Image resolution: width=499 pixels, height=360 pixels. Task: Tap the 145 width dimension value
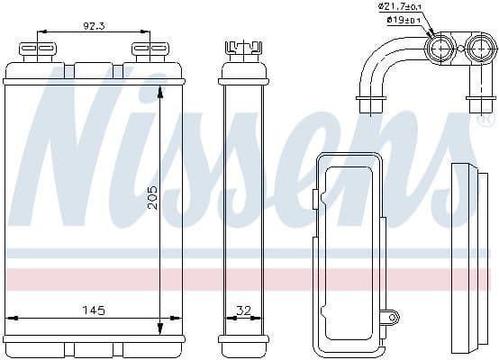[x=94, y=310]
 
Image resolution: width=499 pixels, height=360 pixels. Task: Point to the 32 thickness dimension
[x=243, y=310]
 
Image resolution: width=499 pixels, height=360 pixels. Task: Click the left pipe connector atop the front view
[x=41, y=49]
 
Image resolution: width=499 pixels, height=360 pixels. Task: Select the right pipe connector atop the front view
[x=141, y=49]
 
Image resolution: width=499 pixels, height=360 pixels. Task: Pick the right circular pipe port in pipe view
[x=477, y=49]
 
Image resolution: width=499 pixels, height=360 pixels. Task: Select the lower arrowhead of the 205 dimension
[x=160, y=328]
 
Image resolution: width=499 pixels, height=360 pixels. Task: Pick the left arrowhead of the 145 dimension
[x=11, y=318]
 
